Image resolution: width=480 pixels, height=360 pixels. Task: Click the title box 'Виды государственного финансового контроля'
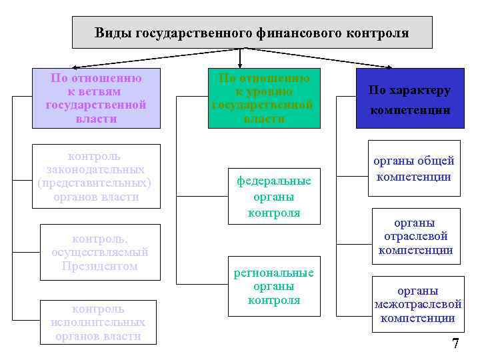pos(252,32)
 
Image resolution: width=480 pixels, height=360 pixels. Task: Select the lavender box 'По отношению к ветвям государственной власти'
pos(96,98)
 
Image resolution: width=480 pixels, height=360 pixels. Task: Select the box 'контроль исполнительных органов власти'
pos(98,322)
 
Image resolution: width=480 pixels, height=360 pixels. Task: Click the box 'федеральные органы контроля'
pos(273,197)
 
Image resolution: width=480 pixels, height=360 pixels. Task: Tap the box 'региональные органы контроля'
pos(273,287)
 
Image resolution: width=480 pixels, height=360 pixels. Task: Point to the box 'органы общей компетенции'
pos(414,168)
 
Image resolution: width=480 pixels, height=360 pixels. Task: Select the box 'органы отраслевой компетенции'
pos(415,236)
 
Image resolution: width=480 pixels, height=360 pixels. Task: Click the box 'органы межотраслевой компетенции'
pos(418,304)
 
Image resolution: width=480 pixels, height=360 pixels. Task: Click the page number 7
pos(456,344)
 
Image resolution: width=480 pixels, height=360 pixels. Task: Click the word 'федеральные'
pos(274,181)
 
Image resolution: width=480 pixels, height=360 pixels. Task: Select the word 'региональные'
pos(273,273)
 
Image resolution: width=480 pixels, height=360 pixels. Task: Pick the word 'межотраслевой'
pos(418,305)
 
